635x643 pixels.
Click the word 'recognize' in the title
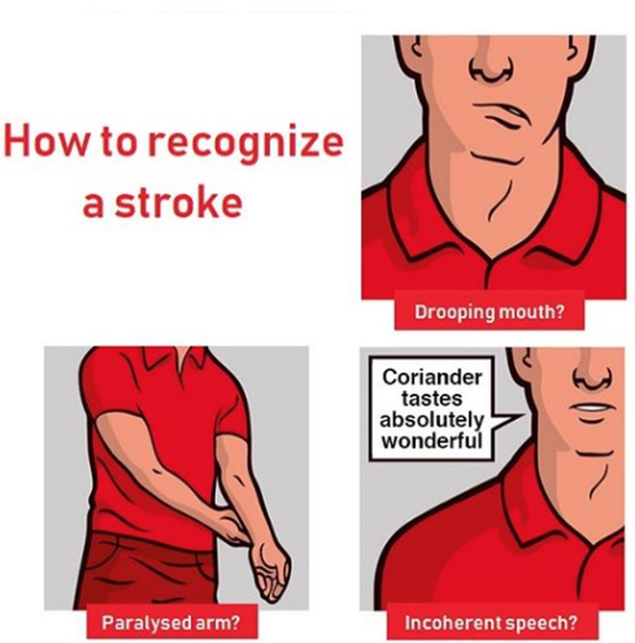[x=245, y=143]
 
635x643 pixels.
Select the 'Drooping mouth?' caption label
[x=489, y=312]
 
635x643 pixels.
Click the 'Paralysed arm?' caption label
[x=170, y=622]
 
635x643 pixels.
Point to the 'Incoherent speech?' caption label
[x=491, y=622]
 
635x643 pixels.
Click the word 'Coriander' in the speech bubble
[x=432, y=377]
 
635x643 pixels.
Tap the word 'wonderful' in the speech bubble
[x=432, y=441]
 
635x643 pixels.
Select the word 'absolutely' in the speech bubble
[x=432, y=420]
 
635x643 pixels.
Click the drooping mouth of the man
[x=503, y=114]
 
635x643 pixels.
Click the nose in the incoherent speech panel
[x=593, y=373]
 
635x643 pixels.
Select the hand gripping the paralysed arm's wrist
[x=232, y=526]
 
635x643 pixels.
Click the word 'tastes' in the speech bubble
[x=432, y=399]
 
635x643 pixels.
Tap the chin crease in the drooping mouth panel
[x=497, y=159]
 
